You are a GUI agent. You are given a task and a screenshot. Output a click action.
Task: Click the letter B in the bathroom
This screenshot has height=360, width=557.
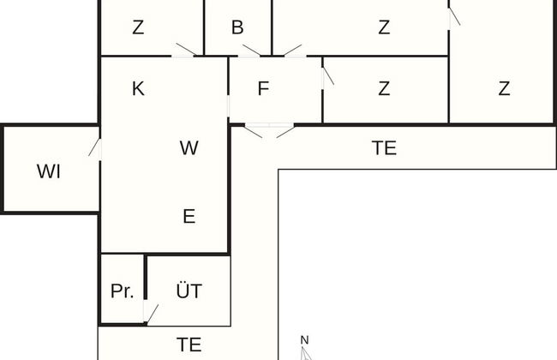[237, 27]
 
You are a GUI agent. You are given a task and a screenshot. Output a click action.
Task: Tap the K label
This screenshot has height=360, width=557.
[138, 88]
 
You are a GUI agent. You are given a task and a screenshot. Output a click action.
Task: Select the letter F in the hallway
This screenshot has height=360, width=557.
[263, 88]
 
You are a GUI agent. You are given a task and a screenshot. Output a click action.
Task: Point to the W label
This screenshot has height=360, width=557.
[189, 147]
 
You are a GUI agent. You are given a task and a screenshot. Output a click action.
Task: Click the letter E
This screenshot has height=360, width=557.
[189, 216]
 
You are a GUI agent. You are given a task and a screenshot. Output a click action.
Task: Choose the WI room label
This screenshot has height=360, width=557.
[49, 171]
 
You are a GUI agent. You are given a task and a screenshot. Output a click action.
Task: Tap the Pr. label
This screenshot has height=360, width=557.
[123, 291]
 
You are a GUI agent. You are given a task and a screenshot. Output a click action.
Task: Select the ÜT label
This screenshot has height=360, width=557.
[189, 291]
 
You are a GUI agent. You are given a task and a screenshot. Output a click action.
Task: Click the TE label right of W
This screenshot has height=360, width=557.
[385, 147]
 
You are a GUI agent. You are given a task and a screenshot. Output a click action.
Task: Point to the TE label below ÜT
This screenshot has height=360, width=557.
[189, 345]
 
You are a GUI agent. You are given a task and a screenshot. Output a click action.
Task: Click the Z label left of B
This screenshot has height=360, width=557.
[138, 27]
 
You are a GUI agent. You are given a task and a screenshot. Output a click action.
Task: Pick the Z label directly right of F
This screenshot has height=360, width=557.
[384, 88]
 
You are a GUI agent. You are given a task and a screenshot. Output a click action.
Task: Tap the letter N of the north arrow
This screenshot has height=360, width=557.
[304, 340]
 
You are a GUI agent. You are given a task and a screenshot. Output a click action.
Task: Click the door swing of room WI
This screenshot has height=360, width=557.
[94, 147]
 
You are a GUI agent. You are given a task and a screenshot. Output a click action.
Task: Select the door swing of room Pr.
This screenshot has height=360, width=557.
[153, 314]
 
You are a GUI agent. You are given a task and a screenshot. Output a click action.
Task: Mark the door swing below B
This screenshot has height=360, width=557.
[251, 50]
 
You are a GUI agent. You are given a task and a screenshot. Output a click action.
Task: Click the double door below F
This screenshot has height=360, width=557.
[270, 130]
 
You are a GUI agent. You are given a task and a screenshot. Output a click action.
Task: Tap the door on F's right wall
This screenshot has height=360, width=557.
[328, 75]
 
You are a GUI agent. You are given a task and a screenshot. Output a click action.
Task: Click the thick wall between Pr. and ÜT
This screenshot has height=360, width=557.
[146, 277]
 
